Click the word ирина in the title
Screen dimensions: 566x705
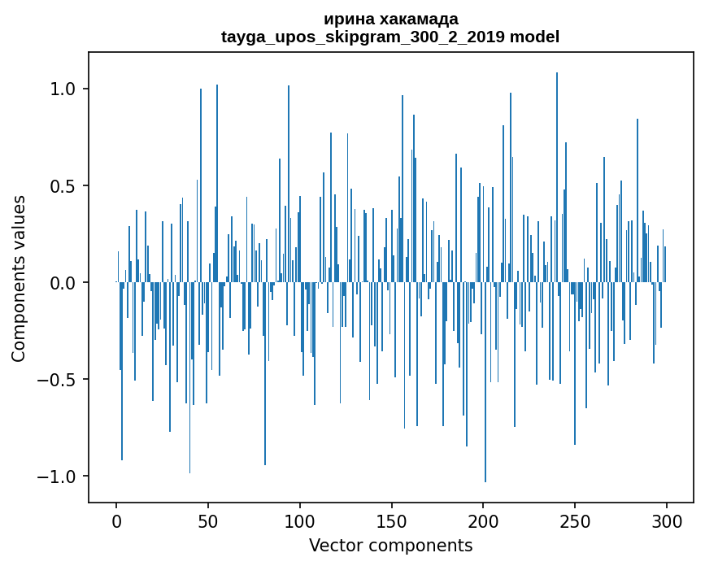(346, 19)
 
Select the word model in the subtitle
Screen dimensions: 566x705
(534, 37)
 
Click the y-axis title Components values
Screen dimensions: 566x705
(19, 278)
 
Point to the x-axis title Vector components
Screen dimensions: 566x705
(390, 546)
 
